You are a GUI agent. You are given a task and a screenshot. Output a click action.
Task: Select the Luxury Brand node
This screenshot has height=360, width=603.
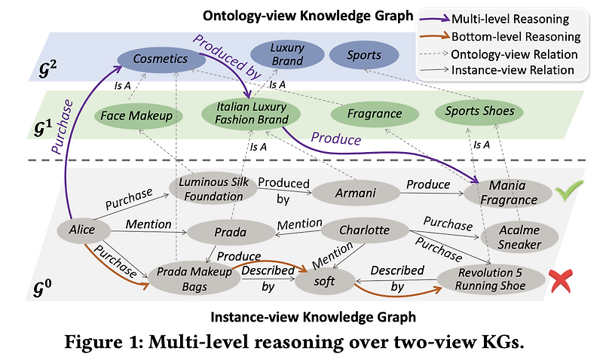pos(286,53)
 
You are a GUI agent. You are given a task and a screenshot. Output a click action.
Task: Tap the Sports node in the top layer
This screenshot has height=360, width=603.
pos(364,55)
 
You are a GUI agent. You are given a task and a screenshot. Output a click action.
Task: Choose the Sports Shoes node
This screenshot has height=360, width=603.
pos(479,111)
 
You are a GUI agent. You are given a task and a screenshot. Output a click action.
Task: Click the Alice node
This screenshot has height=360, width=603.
pos(81,229)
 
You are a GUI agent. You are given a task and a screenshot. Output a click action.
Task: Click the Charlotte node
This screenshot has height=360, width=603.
pos(363,230)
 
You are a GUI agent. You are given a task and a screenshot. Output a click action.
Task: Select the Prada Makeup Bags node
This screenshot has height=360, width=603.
pos(191,276)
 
